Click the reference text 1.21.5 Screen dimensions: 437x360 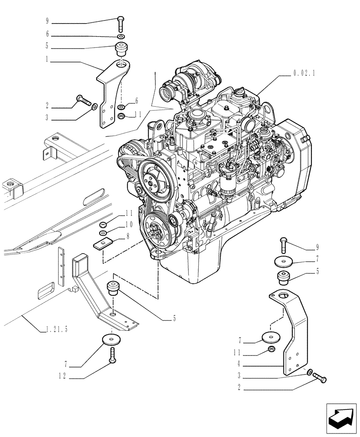(x=57, y=330)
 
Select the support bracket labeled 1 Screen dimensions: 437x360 (x=112, y=94)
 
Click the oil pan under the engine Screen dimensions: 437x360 (x=192, y=271)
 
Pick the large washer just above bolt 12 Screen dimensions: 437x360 (x=112, y=340)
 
